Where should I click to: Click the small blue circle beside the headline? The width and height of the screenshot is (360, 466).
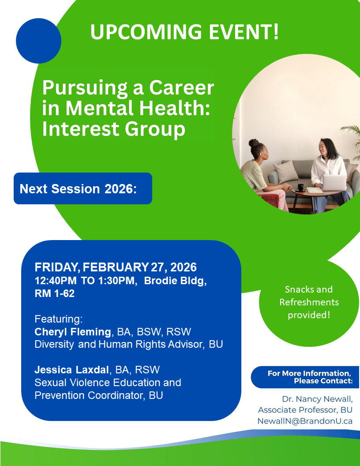click(39, 41)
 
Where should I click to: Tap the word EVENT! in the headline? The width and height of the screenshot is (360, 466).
click(244, 31)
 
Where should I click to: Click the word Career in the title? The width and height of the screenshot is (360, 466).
click(181, 87)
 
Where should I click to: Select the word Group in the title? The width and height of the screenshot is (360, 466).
click(155, 130)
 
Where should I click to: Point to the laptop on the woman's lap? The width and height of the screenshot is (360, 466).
click(334, 183)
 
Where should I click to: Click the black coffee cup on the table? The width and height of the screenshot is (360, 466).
click(300, 188)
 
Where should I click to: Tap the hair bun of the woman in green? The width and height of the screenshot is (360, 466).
click(254, 143)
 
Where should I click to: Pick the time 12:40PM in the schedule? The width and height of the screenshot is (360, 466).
click(56, 281)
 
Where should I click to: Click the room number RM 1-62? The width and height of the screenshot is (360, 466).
click(55, 293)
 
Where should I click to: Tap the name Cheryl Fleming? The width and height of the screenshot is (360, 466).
click(73, 332)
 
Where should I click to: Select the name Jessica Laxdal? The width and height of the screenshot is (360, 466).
click(71, 370)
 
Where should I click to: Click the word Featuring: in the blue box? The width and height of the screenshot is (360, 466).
click(59, 319)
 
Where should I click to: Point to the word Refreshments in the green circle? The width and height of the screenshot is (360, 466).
click(309, 302)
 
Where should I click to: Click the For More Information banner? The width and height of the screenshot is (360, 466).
click(305, 377)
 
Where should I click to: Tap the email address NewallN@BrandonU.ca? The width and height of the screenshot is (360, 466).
click(305, 421)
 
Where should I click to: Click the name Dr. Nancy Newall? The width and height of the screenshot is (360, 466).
click(317, 399)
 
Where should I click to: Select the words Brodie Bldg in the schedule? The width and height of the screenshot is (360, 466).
click(175, 281)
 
